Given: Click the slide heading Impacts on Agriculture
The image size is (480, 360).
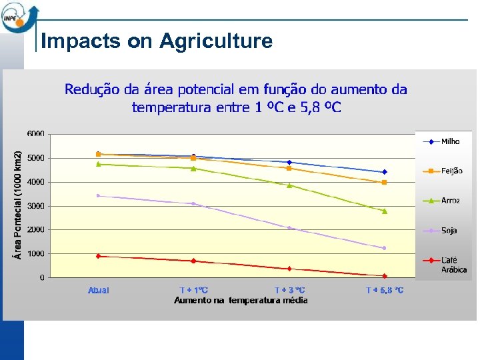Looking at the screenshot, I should click(157, 41).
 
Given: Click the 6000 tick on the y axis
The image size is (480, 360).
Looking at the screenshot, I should click(36, 134).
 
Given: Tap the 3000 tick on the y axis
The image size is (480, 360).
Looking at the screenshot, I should click(36, 206).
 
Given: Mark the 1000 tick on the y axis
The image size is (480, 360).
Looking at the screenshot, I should click(36, 254).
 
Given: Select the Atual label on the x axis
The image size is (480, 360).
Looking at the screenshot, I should click(98, 291).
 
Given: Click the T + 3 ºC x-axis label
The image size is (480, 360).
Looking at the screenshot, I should click(290, 291).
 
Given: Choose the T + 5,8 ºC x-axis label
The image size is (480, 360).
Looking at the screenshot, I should click(385, 291).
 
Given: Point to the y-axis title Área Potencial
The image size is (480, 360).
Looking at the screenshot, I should click(19, 203).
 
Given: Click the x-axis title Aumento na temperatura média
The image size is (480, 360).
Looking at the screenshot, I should click(241, 301).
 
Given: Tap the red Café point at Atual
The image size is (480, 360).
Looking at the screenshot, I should click(98, 256).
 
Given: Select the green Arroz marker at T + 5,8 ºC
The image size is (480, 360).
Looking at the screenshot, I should click(385, 211).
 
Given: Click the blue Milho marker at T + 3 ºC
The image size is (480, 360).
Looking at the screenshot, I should click(289, 162).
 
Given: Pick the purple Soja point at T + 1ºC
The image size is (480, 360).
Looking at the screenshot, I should click(193, 204).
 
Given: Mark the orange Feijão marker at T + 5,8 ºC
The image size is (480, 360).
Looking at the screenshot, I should click(385, 182).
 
